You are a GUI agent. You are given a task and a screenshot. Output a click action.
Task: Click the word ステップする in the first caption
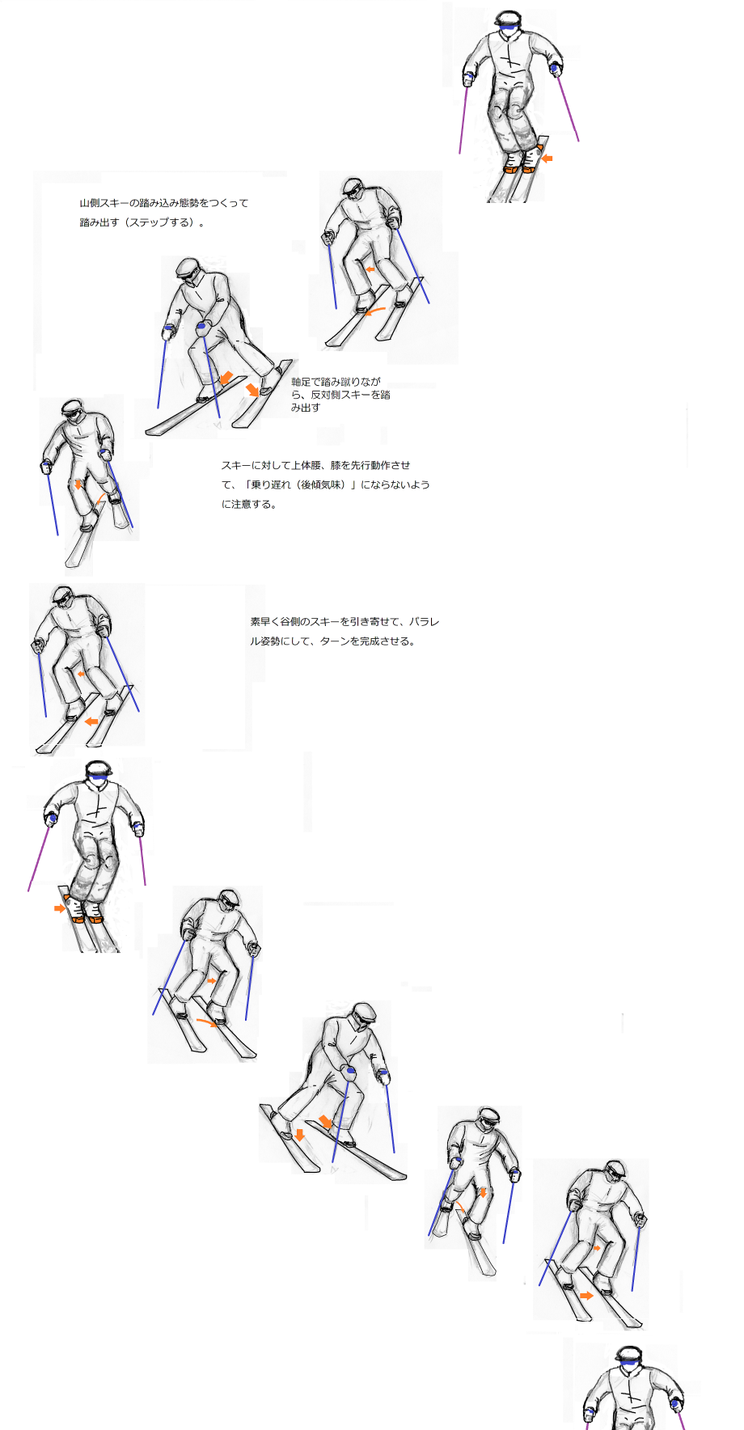tap(163, 222)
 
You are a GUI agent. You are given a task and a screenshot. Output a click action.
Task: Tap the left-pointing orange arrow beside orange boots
tap(547, 159)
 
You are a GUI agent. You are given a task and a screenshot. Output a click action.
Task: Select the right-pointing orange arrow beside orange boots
tap(60, 908)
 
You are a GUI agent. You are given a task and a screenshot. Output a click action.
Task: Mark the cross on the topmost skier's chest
tap(510, 56)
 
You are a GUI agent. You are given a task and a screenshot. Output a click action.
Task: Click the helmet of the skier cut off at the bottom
tap(628, 1355)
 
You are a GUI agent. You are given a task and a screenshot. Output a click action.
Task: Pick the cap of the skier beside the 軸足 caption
tap(188, 266)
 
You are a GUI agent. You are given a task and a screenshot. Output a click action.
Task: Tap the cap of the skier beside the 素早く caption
tap(63, 594)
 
